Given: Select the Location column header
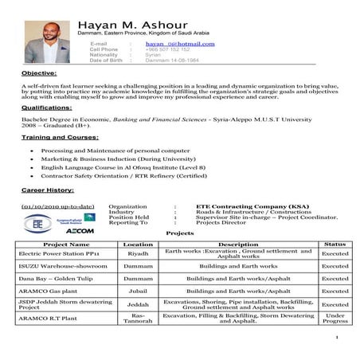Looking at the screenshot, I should [x=138, y=244].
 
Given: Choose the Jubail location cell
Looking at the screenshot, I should [x=138, y=292].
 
